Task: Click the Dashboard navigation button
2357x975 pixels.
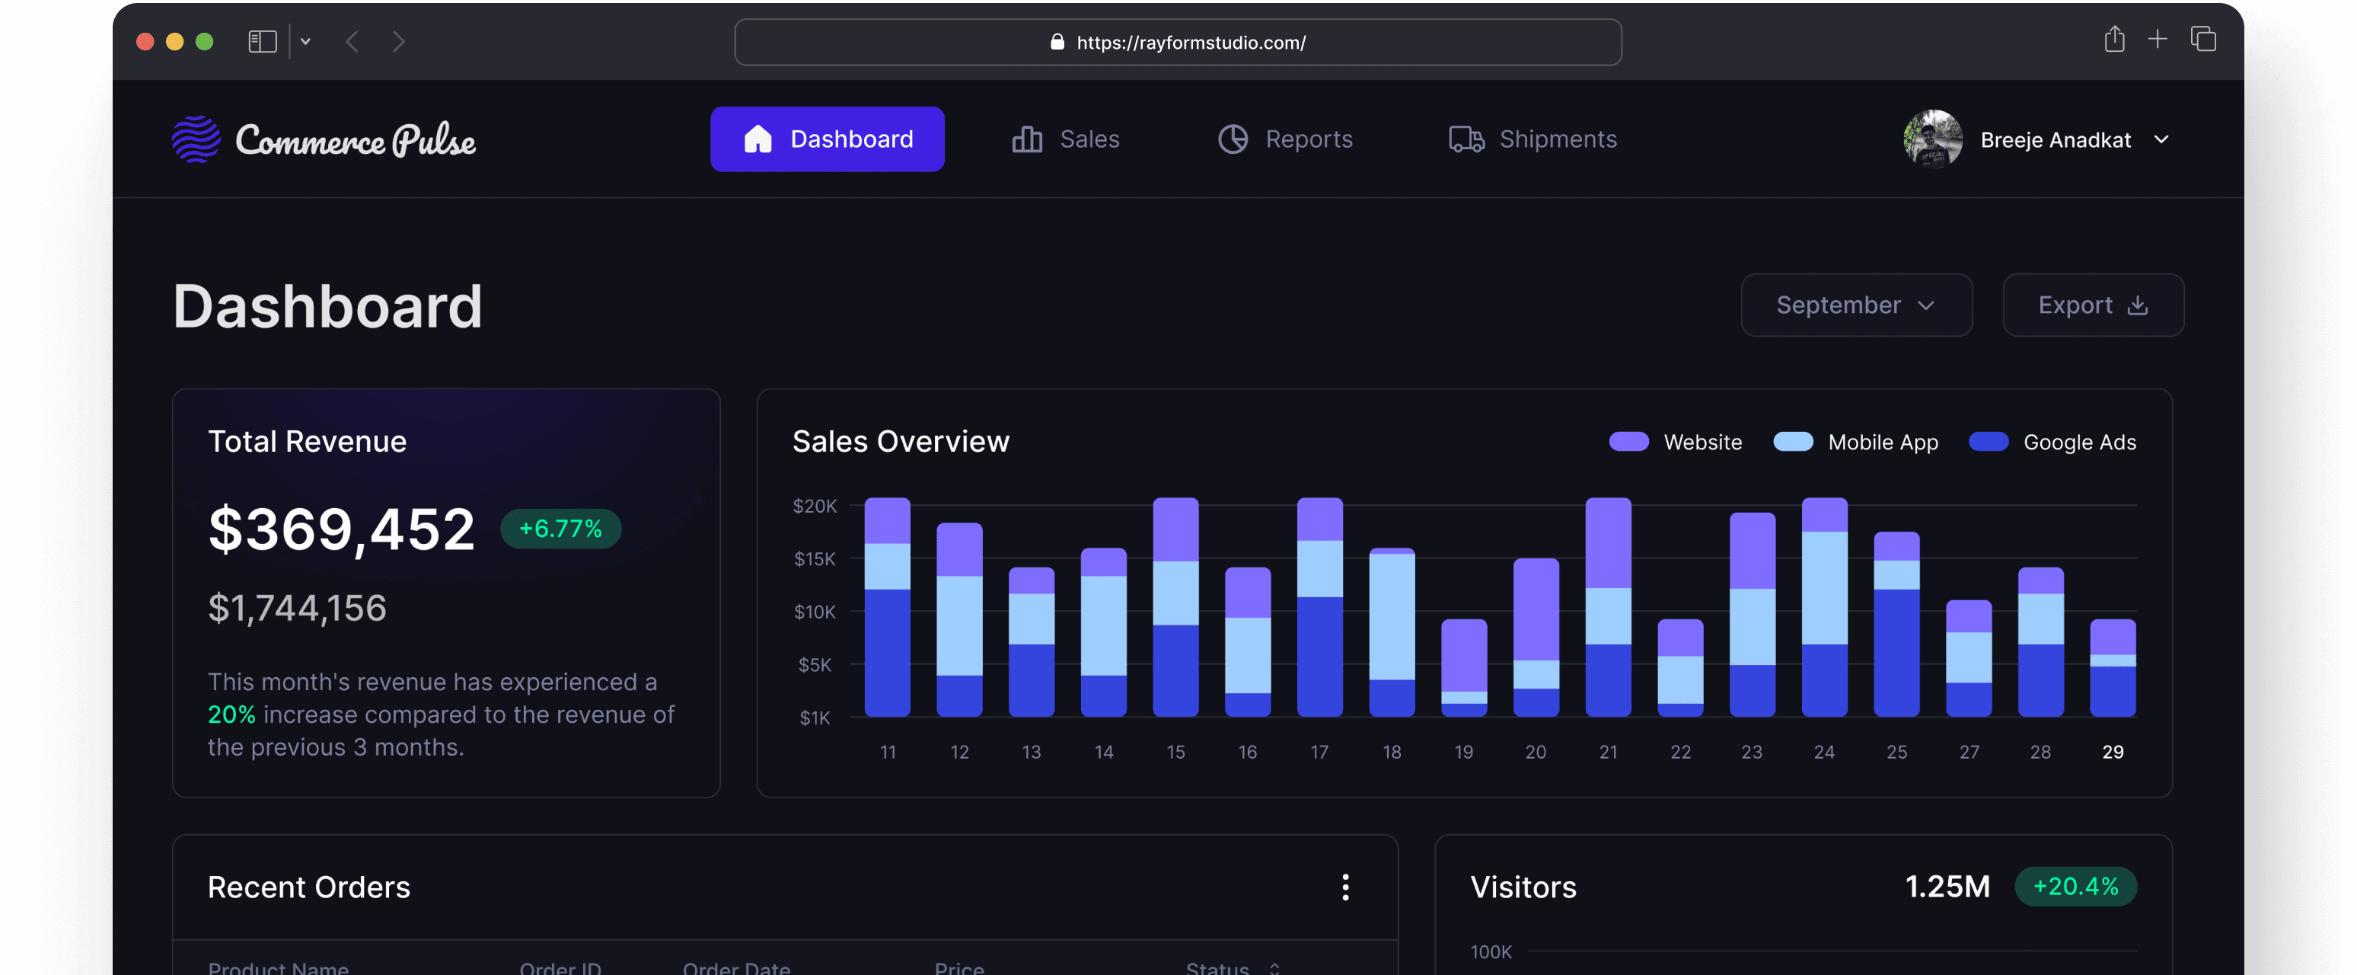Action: (827, 139)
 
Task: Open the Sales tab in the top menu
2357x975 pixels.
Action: (1066, 139)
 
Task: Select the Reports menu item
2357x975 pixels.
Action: (1286, 139)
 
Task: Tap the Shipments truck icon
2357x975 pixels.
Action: (1466, 139)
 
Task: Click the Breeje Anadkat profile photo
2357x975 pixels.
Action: (1931, 139)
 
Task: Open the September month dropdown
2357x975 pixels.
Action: (1855, 305)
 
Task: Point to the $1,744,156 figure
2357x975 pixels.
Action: (298, 608)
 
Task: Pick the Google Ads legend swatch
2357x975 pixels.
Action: (1989, 443)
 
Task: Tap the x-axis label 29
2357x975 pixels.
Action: (2112, 752)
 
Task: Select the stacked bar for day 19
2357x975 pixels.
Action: (1463, 667)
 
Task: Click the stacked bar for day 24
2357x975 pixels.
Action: (1823, 606)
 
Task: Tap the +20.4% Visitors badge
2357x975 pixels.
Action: (2075, 886)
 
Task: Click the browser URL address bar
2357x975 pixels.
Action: (1178, 42)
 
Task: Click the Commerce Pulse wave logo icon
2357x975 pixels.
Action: (196, 139)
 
